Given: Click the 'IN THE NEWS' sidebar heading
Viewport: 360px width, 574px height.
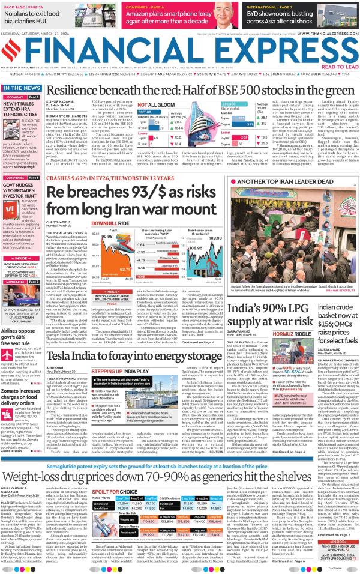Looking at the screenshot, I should pos(22,88).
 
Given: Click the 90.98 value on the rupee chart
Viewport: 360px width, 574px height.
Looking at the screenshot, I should pos(103,237).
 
